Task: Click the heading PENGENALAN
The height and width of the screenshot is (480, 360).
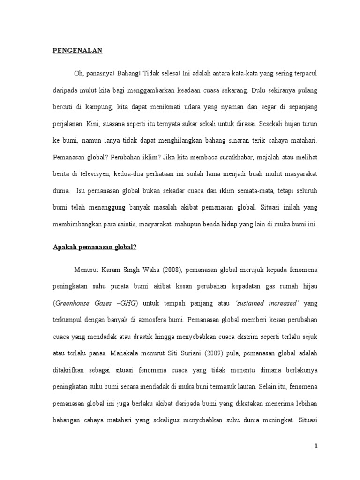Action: click(77, 51)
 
